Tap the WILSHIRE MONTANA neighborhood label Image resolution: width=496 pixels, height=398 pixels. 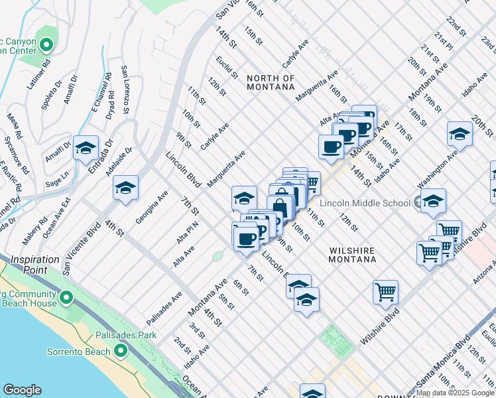point(352,255)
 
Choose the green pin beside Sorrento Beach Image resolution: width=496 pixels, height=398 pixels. point(121,350)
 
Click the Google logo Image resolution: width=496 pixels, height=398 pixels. point(22,390)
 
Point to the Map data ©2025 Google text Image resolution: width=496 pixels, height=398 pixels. point(455,393)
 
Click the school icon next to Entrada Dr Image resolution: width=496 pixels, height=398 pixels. point(86,149)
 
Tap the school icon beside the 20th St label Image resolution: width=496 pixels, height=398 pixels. point(460,134)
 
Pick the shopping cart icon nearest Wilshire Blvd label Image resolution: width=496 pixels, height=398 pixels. point(385,291)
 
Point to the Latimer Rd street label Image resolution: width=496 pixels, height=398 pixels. point(46,74)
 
